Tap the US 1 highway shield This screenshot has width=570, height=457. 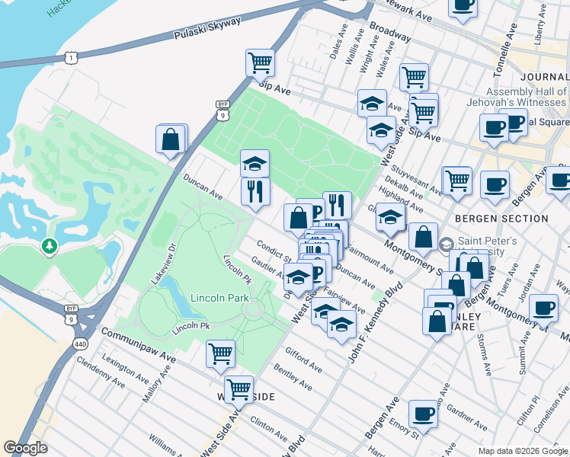71,58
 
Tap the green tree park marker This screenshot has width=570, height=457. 50,246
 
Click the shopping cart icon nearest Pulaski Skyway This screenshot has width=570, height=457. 260,62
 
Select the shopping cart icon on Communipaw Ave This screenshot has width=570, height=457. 220,353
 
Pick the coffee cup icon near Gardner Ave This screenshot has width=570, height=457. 423,414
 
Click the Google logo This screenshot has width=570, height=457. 25,448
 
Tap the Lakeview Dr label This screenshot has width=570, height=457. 162,263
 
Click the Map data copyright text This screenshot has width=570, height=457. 522,451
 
